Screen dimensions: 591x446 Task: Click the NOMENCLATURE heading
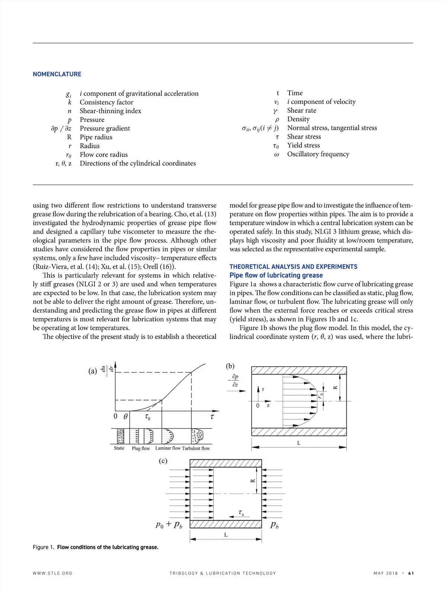[57, 74]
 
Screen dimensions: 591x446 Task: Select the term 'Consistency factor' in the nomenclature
[106, 102]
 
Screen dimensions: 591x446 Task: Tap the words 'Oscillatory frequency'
[318, 154]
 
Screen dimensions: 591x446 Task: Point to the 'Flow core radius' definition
[104, 154]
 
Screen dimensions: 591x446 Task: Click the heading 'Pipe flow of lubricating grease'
[276, 275]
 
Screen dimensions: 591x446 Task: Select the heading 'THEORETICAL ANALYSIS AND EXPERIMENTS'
[293, 266]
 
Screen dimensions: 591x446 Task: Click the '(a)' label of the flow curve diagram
[93, 371]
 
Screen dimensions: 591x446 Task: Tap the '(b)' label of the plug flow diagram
[230, 366]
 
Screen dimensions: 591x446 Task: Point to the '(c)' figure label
[163, 461]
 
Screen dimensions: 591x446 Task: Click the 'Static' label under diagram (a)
[119, 448]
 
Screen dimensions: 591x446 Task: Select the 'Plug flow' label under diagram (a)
[141, 448]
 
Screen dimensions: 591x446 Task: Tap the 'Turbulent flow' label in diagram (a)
[196, 448]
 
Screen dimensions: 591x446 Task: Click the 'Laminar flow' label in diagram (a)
[168, 448]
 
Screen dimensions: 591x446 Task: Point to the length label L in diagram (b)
[298, 443]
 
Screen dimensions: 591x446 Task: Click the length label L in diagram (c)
[226, 535]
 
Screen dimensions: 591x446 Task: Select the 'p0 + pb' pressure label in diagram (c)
[169, 525]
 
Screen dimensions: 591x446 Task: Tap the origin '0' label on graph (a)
[115, 416]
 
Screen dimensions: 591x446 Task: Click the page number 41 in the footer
[411, 573]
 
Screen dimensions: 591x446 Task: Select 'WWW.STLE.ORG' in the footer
[52, 573]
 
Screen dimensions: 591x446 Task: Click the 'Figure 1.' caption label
[43, 547]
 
